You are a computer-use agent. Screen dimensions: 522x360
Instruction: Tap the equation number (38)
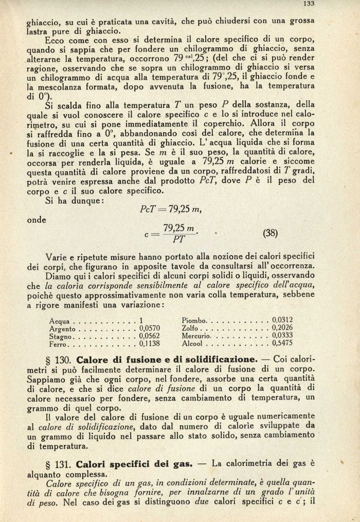coord(270,232)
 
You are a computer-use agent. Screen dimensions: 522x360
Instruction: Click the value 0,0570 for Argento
coord(149,328)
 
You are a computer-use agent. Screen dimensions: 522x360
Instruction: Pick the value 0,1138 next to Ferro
coord(149,344)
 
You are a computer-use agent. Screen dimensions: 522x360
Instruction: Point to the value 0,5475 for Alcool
coord(282,343)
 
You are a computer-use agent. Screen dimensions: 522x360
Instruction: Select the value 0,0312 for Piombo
coord(282,320)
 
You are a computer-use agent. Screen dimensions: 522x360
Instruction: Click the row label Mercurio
coord(194,335)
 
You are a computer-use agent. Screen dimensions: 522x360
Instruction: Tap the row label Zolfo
coord(190,328)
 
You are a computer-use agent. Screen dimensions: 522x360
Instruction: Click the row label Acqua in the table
coord(59,320)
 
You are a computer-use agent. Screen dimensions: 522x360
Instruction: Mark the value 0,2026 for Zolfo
coord(282,328)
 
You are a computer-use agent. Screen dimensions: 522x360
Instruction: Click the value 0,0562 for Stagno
coord(149,336)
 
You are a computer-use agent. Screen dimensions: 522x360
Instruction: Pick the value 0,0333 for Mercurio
coord(282,335)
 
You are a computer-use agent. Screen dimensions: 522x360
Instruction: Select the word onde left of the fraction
coord(36,220)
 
